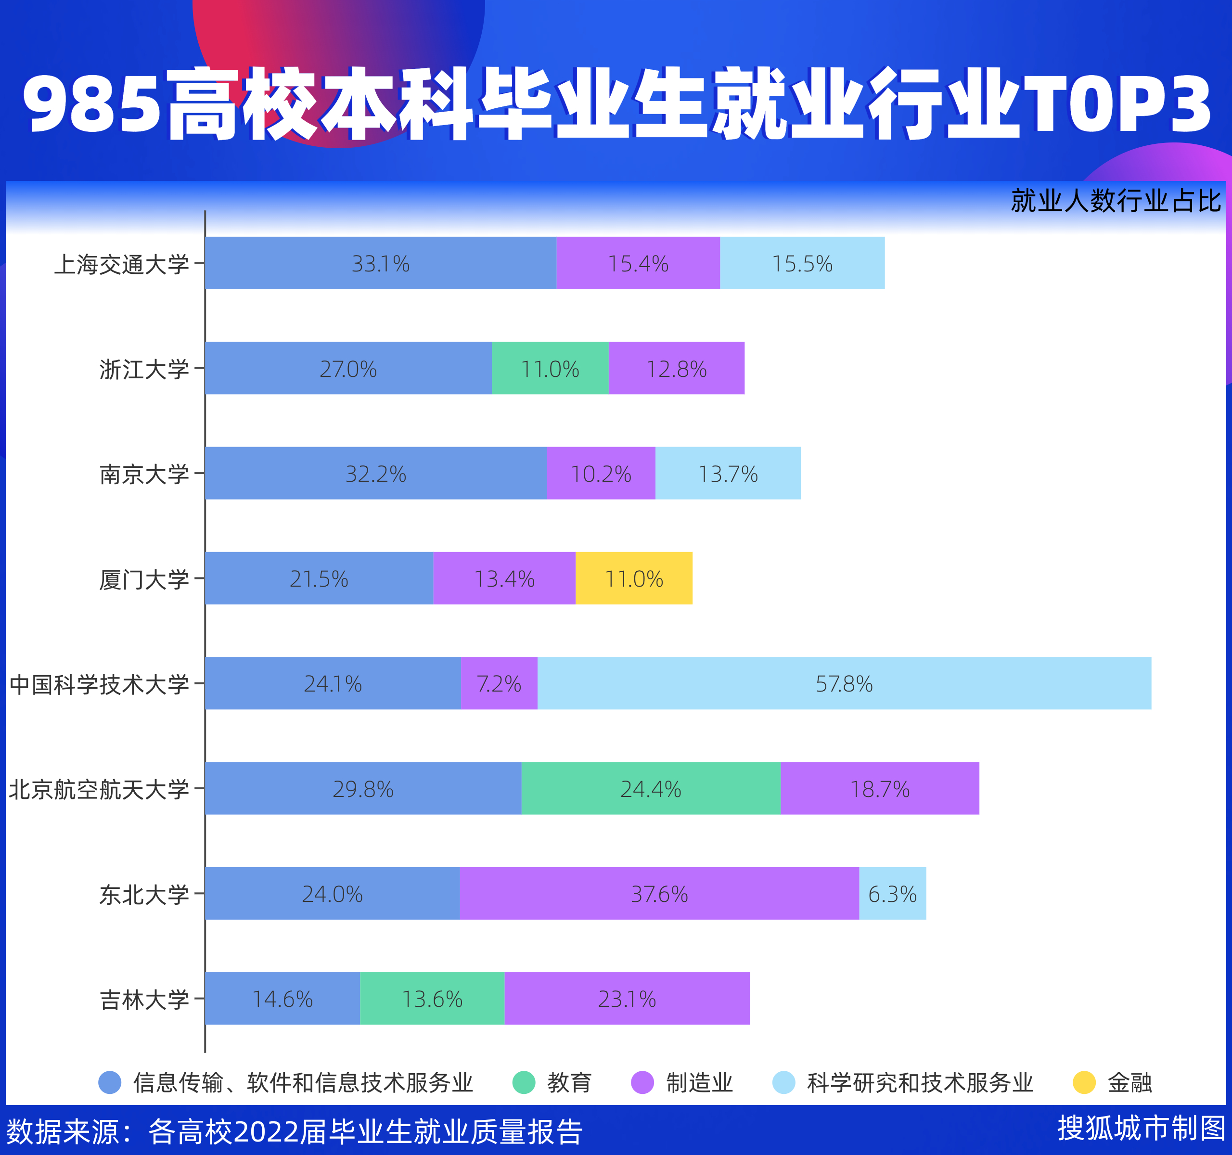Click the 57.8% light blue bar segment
[x=844, y=683]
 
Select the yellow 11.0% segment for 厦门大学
[x=634, y=578]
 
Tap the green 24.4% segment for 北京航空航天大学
[x=651, y=788]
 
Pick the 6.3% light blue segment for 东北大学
[x=892, y=894]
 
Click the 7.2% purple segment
[x=499, y=683]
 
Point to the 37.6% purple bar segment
[x=659, y=894]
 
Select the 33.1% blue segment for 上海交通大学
[x=381, y=263]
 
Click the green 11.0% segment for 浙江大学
[x=550, y=368]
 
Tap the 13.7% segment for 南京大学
[x=728, y=474]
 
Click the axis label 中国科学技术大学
[x=99, y=684]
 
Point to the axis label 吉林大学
[x=144, y=1000]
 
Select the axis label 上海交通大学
[x=121, y=264]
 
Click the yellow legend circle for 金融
[x=1084, y=1082]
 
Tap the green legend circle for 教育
[x=524, y=1082]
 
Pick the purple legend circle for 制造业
[x=642, y=1082]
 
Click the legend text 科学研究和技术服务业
[x=920, y=1082]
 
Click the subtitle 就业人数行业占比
[x=1116, y=201]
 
